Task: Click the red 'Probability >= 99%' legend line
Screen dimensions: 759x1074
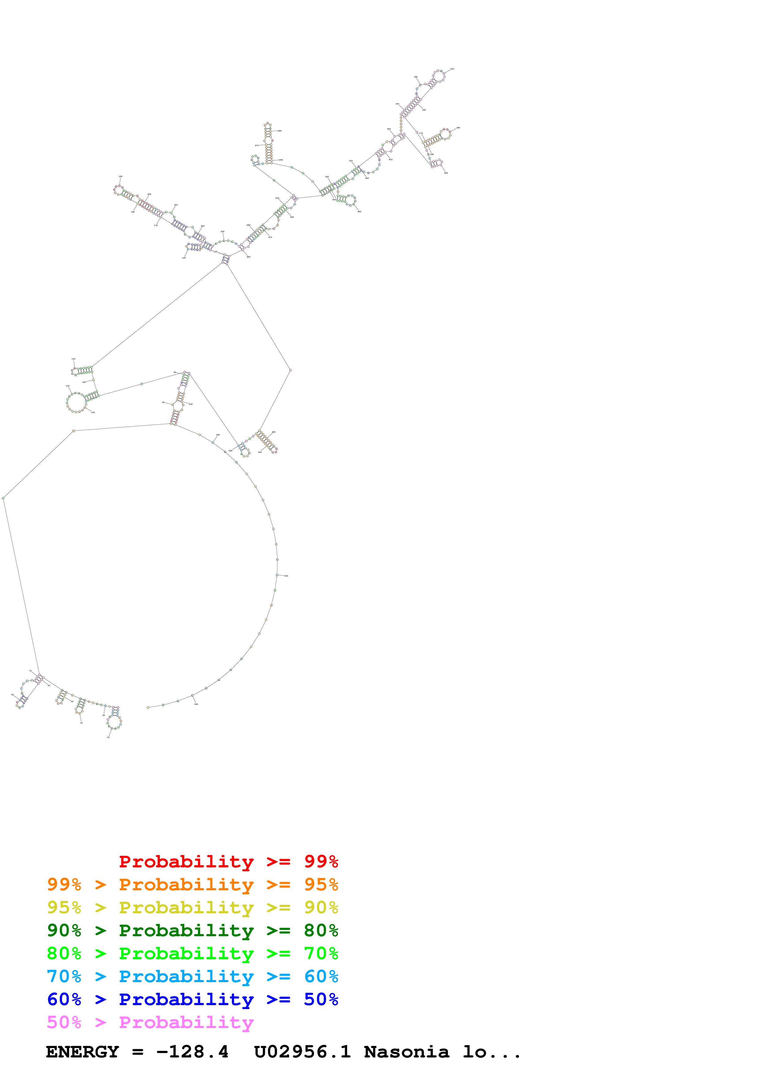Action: click(x=228, y=862)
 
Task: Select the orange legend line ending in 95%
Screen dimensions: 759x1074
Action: click(x=192, y=884)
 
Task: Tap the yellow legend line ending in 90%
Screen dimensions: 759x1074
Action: click(x=192, y=907)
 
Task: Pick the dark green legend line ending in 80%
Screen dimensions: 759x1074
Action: click(x=192, y=930)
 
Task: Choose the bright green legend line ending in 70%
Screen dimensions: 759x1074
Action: click(x=192, y=953)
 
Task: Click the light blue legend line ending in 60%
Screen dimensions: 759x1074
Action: click(x=192, y=976)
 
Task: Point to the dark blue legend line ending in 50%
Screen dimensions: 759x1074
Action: click(x=192, y=999)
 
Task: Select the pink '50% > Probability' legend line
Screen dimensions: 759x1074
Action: click(x=150, y=1022)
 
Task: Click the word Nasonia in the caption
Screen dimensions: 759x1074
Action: click(x=406, y=1052)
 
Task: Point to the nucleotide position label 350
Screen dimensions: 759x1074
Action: click(x=452, y=69)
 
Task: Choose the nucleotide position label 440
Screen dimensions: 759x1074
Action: click(x=359, y=212)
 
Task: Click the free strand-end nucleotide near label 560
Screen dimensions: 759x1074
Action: click(x=148, y=707)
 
